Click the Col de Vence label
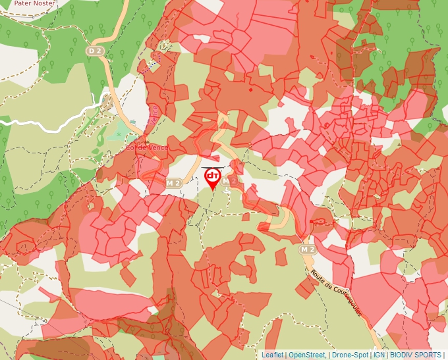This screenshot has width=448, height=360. point(147,147)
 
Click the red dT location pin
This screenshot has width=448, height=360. point(213,178)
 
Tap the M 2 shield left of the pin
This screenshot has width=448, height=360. point(174,182)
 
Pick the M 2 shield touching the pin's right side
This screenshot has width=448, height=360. point(229,181)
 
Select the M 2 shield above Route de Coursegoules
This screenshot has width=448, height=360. point(308,249)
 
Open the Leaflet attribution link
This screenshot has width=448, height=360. point(272,355)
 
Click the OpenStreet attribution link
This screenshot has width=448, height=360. point(307,355)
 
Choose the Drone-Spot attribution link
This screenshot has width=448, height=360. point(350,355)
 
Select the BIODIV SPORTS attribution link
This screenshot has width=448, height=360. point(415,355)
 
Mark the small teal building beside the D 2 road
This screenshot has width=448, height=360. point(132,121)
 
